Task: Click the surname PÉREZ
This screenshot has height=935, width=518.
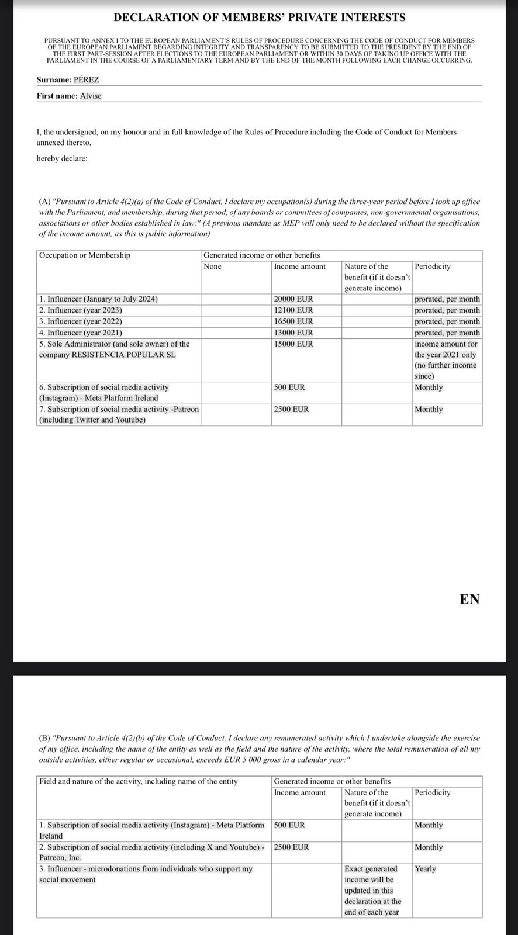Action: coord(87,80)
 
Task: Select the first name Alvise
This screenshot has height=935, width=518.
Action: coord(91,96)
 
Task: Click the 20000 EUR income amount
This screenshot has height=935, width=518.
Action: coord(293,299)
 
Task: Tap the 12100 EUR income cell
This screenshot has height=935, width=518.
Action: coord(293,310)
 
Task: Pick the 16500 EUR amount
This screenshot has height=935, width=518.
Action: coord(293,321)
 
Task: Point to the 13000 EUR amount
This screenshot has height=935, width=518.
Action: coord(293,333)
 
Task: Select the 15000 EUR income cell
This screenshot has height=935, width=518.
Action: coord(293,344)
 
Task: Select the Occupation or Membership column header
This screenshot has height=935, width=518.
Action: coord(85,255)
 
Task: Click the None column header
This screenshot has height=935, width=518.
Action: coord(213,266)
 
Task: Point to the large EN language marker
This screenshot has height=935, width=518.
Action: coord(469,599)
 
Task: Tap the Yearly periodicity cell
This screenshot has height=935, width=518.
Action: coord(426,869)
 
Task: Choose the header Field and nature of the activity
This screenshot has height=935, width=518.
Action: coord(139,781)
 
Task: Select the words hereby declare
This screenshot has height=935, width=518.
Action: coord(62,158)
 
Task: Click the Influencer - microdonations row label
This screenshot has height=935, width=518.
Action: coord(146,869)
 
